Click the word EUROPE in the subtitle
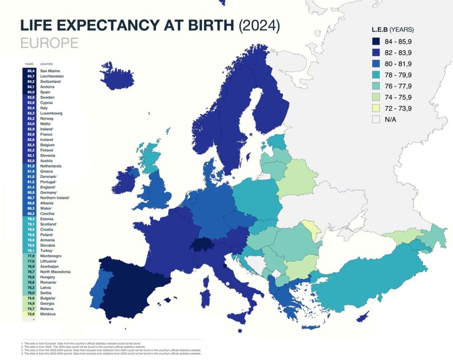tap(49, 43)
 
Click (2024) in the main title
tap(259, 25)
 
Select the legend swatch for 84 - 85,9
tap(377, 42)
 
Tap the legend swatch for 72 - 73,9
tap(377, 108)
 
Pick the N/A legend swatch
tap(377, 119)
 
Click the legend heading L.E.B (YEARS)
tap(392, 30)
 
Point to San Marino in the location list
tap(50, 71)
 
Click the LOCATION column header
tap(47, 64)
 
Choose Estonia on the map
tap(276, 142)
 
